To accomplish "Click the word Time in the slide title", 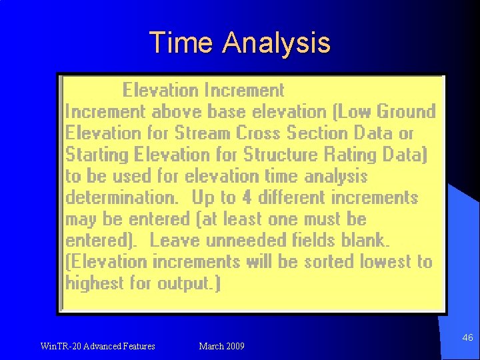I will pyautogui.click(x=181, y=43).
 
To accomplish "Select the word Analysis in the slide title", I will pyautogui.click(x=277, y=43).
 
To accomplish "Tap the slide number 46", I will pyautogui.click(x=467, y=338).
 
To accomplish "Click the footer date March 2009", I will pyautogui.click(x=221, y=346).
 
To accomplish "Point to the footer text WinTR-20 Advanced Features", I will pyautogui.click(x=97, y=346).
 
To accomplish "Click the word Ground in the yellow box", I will pyautogui.click(x=405, y=111).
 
